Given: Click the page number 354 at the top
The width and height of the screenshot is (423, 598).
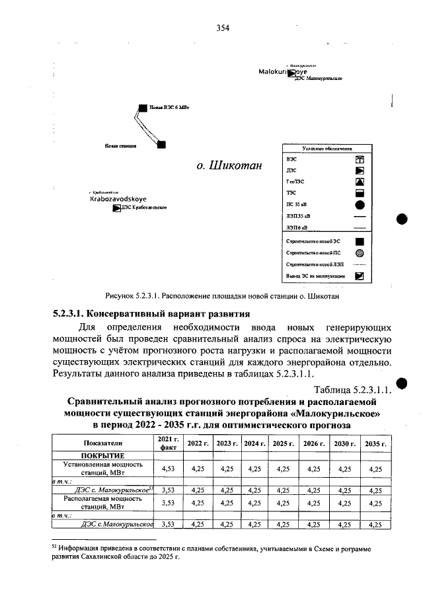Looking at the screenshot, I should [222, 27].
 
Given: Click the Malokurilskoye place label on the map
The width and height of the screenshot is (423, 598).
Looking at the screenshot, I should [288, 71].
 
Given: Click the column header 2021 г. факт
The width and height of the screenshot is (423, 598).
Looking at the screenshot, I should [168, 443].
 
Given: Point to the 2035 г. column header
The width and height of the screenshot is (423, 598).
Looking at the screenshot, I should [375, 443].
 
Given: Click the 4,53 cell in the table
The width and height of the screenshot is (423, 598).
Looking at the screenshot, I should [168, 468].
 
